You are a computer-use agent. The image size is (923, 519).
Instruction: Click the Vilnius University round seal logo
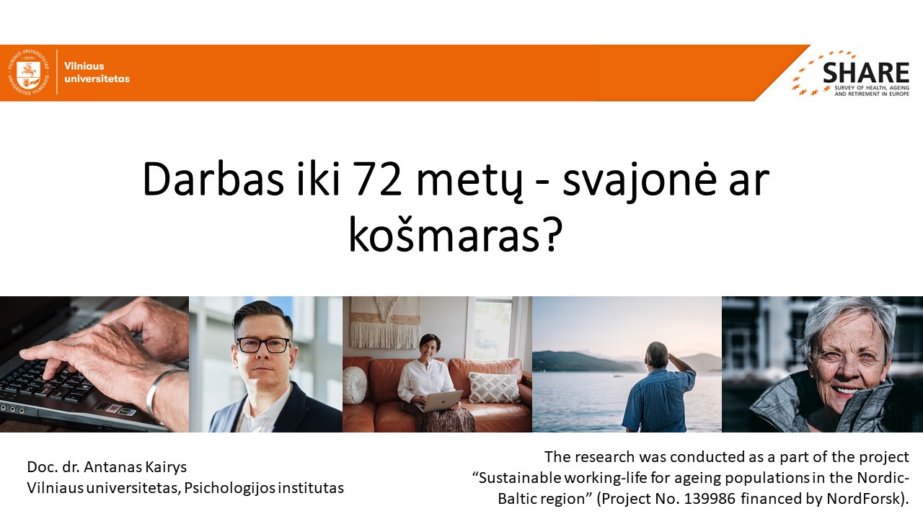(x=28, y=73)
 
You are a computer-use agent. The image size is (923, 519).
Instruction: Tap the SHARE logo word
(x=866, y=74)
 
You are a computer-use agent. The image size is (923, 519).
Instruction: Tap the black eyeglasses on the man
(x=263, y=345)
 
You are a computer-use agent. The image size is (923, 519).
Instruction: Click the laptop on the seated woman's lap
(x=439, y=400)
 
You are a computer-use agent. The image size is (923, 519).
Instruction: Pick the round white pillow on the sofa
(x=354, y=384)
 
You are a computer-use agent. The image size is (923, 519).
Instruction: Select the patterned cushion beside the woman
(x=495, y=388)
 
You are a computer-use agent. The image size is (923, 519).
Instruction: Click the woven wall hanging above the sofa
(x=385, y=322)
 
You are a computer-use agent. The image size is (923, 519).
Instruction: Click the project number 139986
(x=710, y=499)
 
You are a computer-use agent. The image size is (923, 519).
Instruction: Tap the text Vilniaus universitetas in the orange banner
(x=97, y=73)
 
